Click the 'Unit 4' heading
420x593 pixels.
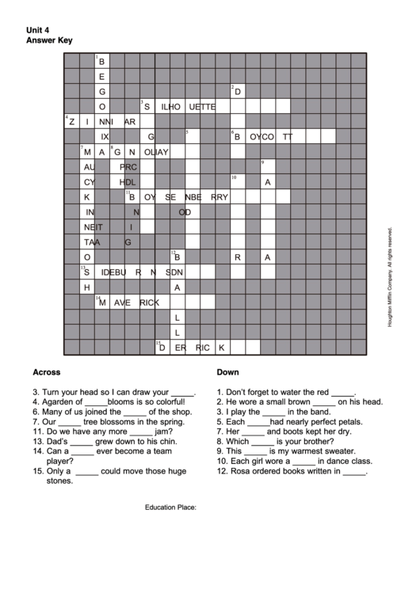[x=38, y=29]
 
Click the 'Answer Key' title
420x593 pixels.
[x=49, y=40]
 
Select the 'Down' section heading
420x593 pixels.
[x=227, y=371]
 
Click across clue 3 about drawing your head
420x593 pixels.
[x=114, y=391]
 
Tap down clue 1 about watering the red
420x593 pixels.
[x=286, y=391]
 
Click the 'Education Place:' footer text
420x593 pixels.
[x=170, y=506]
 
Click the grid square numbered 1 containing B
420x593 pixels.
[x=101, y=62]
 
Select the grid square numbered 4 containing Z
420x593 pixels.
[x=71, y=121]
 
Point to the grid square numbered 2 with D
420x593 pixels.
[x=236, y=92]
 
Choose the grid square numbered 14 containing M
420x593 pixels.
[x=101, y=302]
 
